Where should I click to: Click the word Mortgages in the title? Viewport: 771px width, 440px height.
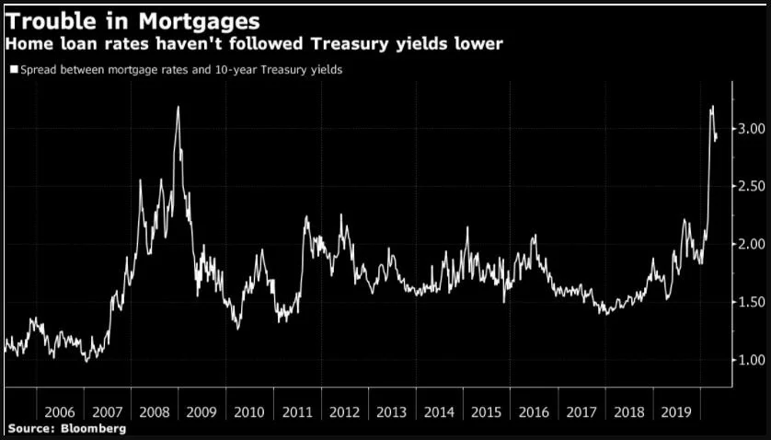(x=199, y=22)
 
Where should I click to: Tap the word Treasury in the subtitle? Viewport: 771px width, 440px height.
(x=351, y=44)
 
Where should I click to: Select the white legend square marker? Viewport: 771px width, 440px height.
(x=14, y=69)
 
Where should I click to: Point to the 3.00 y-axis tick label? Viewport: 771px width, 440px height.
(x=752, y=129)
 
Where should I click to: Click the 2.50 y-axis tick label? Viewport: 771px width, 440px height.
(x=752, y=186)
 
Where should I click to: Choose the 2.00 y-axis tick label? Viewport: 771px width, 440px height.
(x=752, y=244)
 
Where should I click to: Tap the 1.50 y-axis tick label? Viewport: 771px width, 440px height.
(x=752, y=302)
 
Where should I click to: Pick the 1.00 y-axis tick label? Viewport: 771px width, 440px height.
(x=752, y=360)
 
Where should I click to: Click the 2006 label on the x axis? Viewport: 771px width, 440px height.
(x=60, y=412)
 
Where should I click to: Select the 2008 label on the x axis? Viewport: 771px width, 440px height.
(x=155, y=412)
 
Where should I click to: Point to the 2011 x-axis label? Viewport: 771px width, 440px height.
(x=297, y=412)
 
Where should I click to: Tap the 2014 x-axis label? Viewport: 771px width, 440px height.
(x=440, y=412)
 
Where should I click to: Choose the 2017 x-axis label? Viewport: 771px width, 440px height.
(x=581, y=412)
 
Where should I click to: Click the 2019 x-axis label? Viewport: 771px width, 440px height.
(x=676, y=412)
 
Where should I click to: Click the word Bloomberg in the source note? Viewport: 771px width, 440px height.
(x=94, y=429)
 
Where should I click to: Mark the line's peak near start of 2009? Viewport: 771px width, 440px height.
(x=178, y=107)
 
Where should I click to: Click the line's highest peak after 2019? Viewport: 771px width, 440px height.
(x=712, y=106)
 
